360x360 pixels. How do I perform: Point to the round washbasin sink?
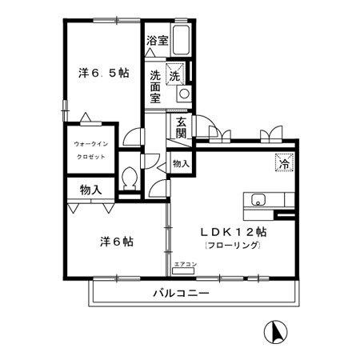pos(183,93)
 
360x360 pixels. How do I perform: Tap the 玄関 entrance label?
pos(182,128)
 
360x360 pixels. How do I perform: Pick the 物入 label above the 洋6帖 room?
pos(90,190)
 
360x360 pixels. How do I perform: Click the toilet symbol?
pos(131,178)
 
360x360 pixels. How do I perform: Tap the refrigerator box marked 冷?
pos(283,162)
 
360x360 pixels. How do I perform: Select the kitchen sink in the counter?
pos(258,200)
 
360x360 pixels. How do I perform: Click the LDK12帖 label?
pos(233,231)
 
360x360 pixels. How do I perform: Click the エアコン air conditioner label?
pos(184,263)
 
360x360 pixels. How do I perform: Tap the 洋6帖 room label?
pos(116,241)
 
